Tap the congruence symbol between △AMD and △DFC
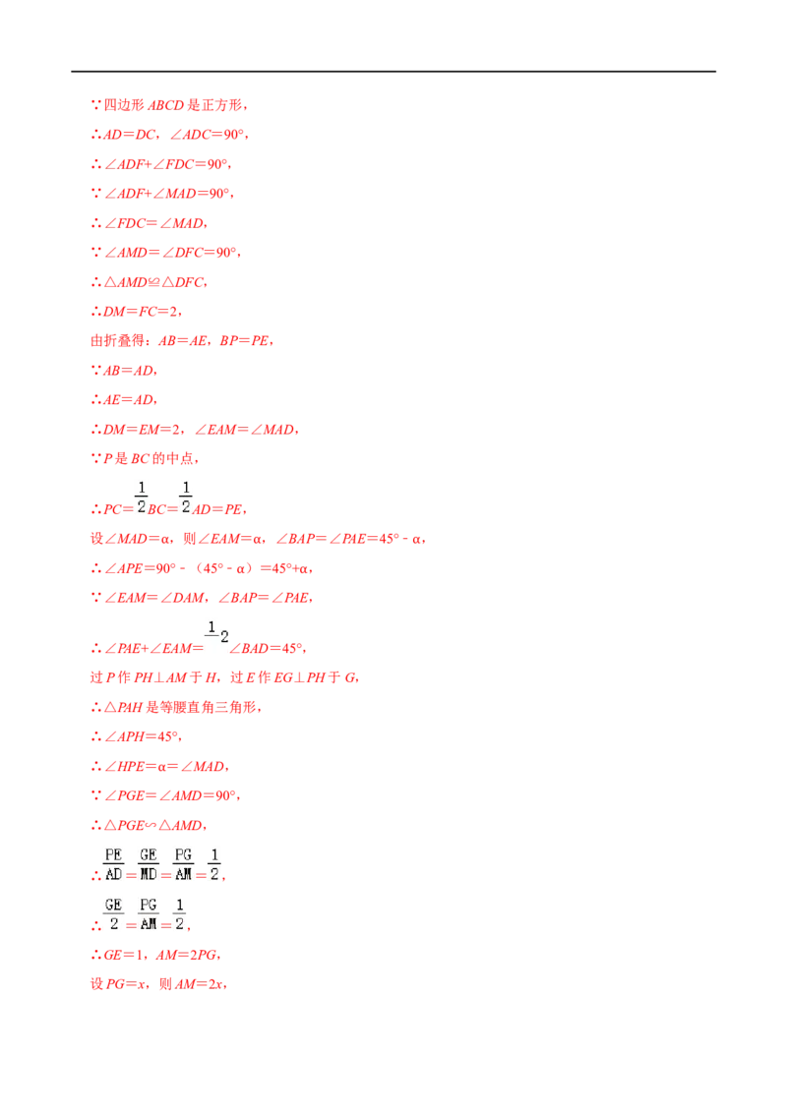[154, 282]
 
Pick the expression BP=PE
[244, 341]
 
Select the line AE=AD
[129, 400]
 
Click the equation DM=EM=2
[142, 430]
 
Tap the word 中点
[179, 458]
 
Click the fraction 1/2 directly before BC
[142, 497]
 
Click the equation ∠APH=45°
[142, 736]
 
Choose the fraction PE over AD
[114, 864]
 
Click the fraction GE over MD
[149, 864]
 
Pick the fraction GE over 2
[114, 914]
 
